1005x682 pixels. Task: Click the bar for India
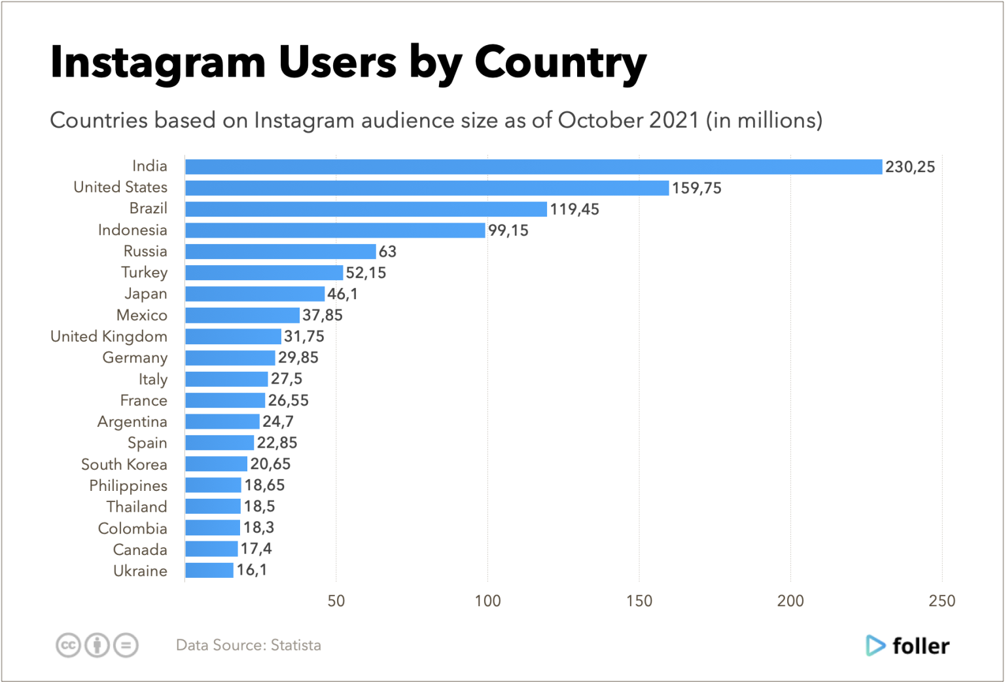(533, 167)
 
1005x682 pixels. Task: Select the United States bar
(427, 188)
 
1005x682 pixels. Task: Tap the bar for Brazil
(366, 209)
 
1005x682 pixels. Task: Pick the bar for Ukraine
(209, 570)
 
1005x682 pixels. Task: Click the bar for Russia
(280, 251)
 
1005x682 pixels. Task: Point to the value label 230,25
(909, 167)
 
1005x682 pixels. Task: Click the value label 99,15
(508, 230)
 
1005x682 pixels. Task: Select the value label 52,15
(366, 273)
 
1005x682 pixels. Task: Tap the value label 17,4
(256, 548)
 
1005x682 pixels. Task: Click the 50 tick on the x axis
(336, 601)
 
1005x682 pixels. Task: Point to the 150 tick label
(639, 601)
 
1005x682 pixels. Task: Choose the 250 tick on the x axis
(942, 601)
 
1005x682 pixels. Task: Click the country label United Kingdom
(109, 336)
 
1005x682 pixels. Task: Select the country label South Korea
(124, 464)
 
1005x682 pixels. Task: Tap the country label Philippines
(128, 486)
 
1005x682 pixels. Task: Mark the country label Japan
(145, 294)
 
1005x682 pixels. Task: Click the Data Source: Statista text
(248, 645)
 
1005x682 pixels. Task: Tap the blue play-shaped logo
(875, 645)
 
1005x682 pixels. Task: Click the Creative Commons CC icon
(67, 645)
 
